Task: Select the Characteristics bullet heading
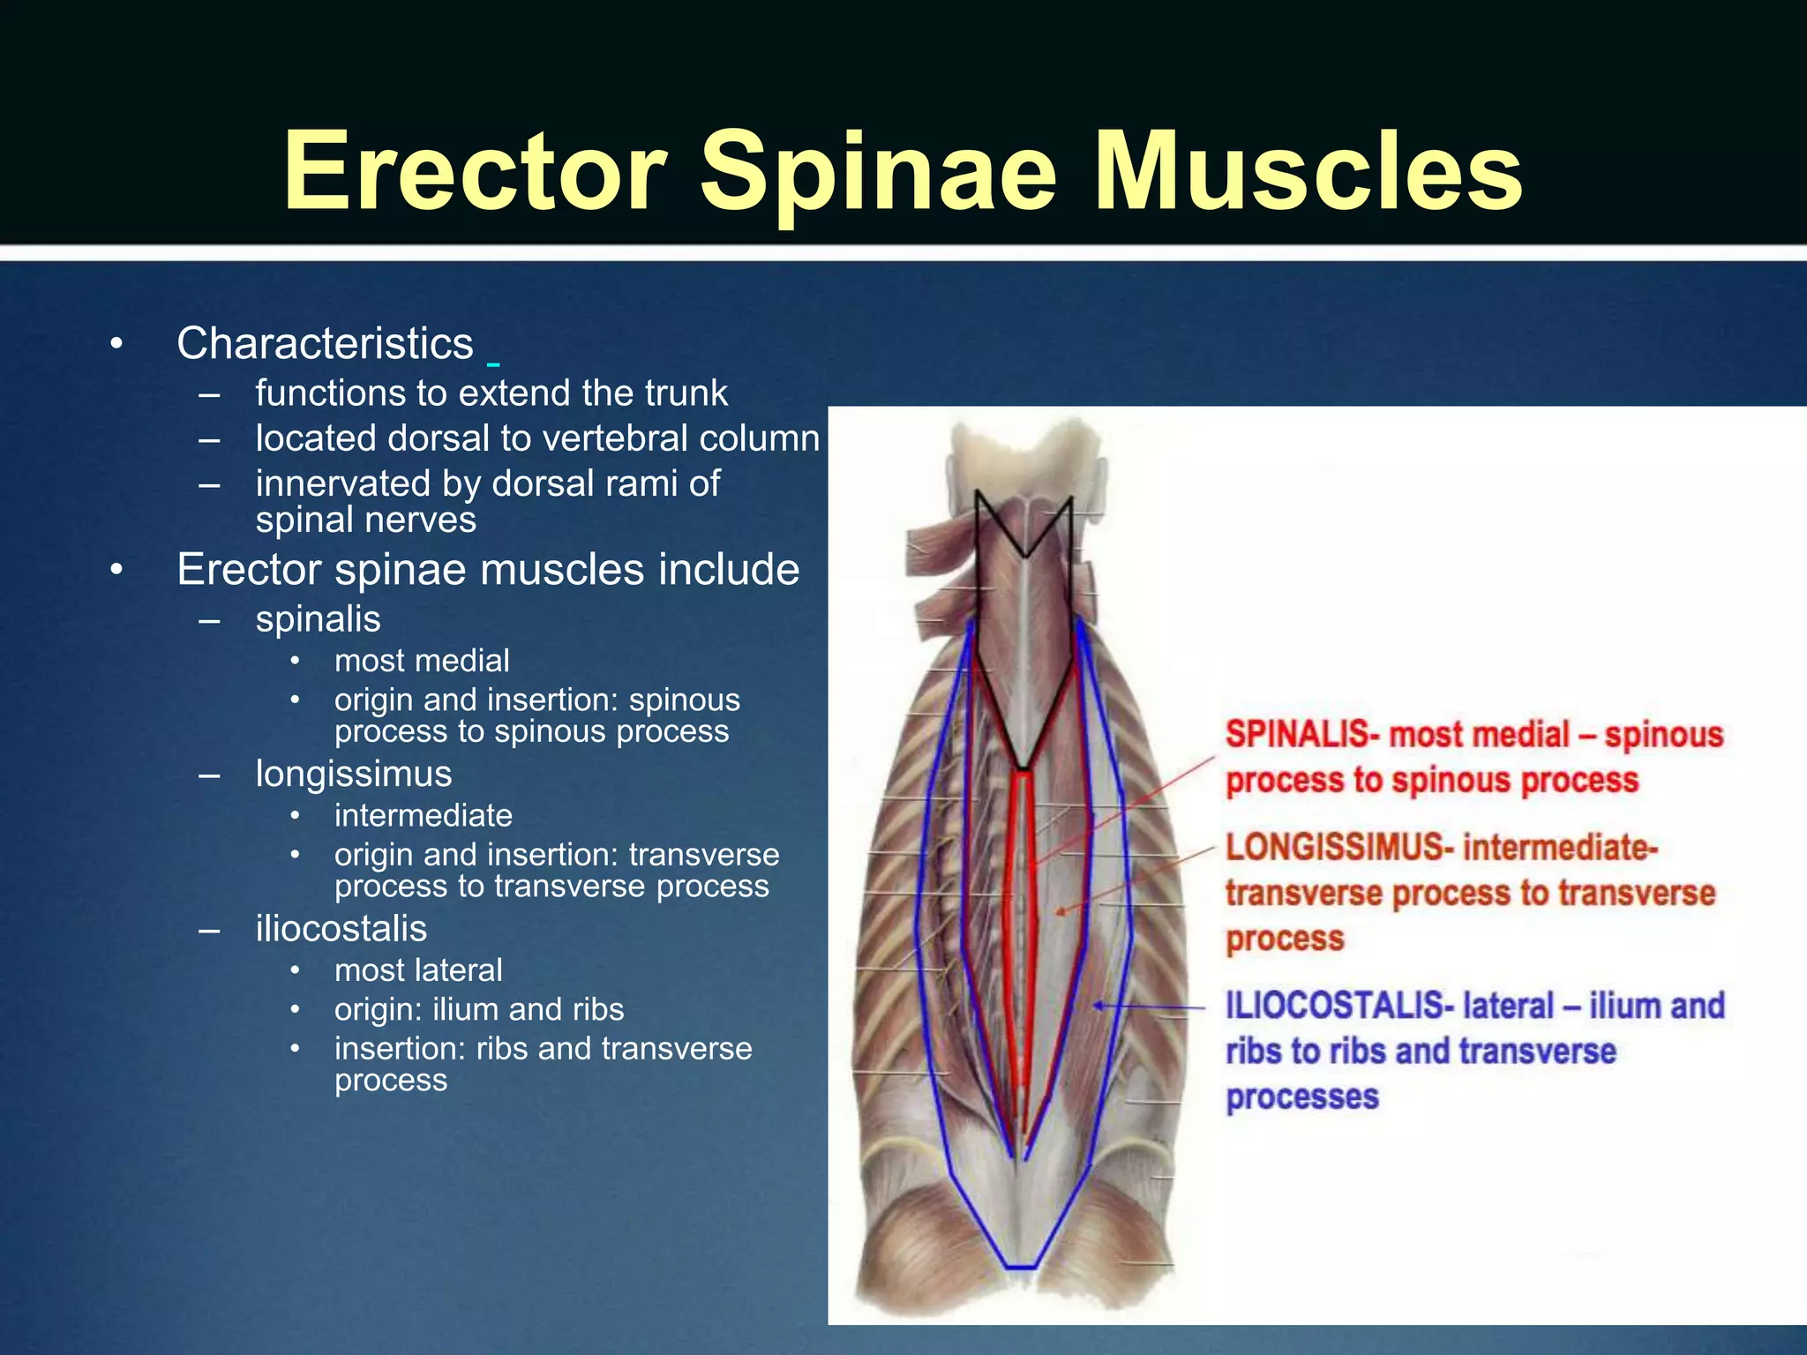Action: (325, 343)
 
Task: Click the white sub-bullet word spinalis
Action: (318, 619)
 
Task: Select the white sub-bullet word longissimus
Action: (353, 774)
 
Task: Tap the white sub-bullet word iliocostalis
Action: (341, 929)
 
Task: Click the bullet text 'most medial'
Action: (422, 661)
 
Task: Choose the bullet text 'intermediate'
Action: (424, 815)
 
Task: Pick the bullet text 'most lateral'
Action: (418, 970)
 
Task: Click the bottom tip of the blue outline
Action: (1021, 1268)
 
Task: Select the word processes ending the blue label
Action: (1301, 1097)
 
